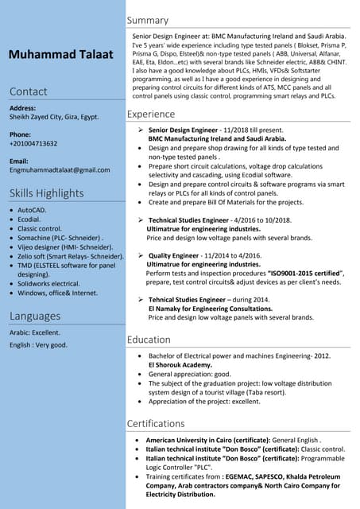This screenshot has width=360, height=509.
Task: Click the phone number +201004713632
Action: point(33,144)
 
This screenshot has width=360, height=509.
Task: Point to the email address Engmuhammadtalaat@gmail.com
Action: point(60,170)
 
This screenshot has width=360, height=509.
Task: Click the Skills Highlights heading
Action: point(46,193)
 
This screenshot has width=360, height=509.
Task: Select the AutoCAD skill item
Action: point(33,210)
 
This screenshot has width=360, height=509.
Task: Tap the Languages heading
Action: point(35,316)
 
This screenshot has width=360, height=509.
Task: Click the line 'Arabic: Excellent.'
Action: point(35,332)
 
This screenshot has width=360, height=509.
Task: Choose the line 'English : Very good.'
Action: point(38,345)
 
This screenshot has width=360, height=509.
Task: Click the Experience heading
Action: point(151,115)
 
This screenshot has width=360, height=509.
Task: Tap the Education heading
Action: point(149,340)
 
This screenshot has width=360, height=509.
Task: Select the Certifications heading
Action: point(156,423)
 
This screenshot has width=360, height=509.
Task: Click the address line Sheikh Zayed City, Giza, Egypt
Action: point(54,117)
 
